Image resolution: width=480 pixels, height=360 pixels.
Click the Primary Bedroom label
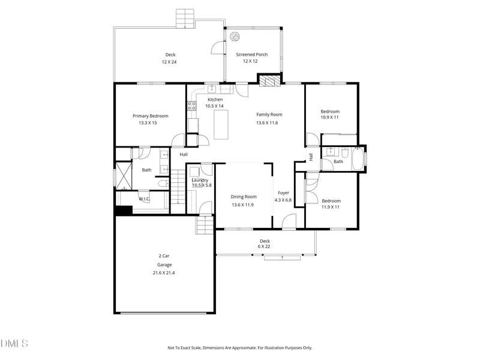pos(151,116)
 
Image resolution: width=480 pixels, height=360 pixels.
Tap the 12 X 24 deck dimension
pos(169,62)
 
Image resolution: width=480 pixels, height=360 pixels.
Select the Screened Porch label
pos(251,55)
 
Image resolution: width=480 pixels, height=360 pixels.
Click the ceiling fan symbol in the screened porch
pos(235,37)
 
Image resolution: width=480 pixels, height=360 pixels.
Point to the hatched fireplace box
pos(269,81)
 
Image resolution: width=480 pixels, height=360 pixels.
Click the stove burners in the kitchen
pos(191,106)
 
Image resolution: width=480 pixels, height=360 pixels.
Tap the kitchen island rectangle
pos(221,125)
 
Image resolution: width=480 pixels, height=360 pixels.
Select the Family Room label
pos(269,115)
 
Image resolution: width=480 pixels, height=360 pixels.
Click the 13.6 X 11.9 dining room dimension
pos(243,205)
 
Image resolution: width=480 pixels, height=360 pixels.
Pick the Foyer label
pos(283,193)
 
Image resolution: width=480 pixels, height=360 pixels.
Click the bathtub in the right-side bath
pos(357,158)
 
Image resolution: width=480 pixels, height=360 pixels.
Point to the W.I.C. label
pos(144,199)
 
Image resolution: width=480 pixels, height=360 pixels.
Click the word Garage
pos(164,265)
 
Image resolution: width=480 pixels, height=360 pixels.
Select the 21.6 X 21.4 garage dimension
pos(164,273)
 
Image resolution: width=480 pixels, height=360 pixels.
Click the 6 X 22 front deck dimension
pos(264,247)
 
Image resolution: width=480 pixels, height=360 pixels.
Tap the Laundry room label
pos(200,181)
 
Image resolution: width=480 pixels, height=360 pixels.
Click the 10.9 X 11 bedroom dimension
pos(329,117)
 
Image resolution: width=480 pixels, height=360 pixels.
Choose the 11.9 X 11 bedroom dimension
pos(331,207)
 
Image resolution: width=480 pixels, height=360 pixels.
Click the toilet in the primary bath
pos(163,184)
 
